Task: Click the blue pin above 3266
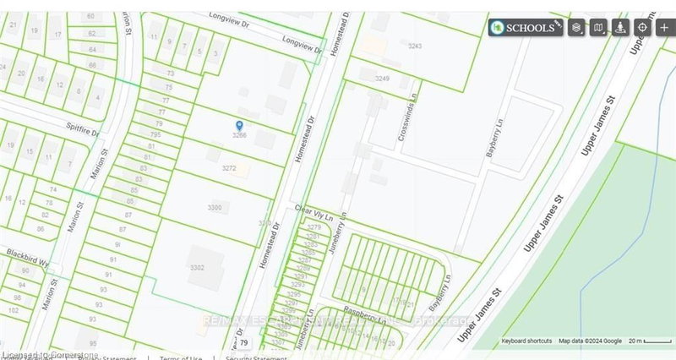click(239, 125)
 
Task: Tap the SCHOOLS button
click(527, 27)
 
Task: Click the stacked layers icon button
click(576, 27)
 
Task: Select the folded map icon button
click(598, 27)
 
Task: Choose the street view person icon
click(620, 27)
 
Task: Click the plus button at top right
click(664, 27)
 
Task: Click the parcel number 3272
click(229, 168)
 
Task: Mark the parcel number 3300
click(215, 207)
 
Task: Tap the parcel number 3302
click(198, 267)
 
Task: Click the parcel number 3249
click(383, 78)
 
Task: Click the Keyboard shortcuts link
click(528, 341)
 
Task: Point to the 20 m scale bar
click(646, 341)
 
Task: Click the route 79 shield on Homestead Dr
click(243, 343)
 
